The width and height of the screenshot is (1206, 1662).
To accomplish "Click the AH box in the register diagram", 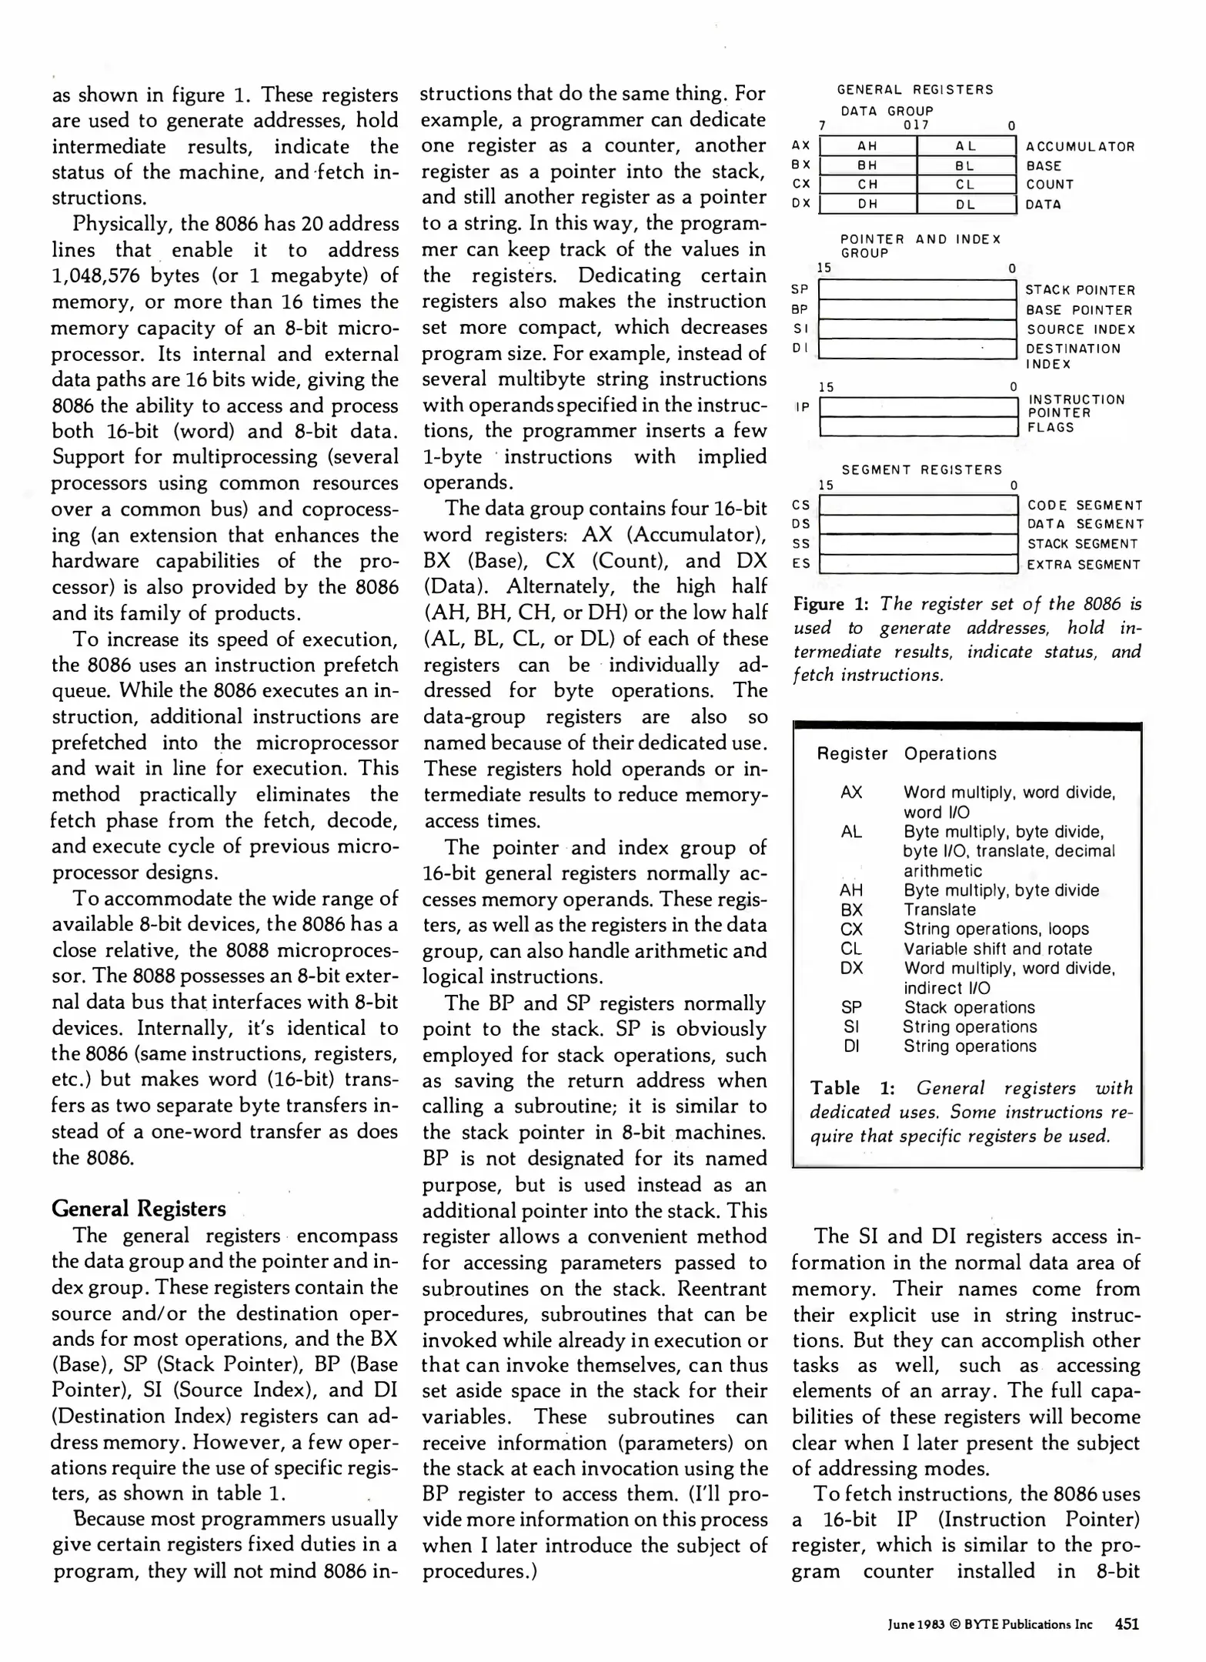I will point(867,146).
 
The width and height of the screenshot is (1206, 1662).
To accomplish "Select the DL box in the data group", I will point(966,204).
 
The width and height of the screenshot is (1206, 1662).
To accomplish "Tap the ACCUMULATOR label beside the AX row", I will point(1080,147).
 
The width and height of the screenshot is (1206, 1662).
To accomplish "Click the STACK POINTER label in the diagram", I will point(1080,290).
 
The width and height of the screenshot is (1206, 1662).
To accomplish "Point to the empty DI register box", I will point(917,349).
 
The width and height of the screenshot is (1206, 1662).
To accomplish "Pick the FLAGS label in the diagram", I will point(1051,428).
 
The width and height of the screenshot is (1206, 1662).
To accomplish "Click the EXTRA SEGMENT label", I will point(1083,565).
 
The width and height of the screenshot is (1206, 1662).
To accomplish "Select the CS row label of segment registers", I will point(801,506).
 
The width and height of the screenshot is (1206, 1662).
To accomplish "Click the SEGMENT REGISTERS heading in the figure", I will point(921,469).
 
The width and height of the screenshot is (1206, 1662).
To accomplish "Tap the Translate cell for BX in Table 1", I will point(939,909).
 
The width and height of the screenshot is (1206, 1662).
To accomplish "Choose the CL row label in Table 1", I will point(851,949).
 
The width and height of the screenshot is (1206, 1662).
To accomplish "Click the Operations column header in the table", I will point(950,754).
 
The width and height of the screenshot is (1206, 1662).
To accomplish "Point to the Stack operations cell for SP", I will point(969,1007).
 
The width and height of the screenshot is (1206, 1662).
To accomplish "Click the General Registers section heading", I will point(139,1209).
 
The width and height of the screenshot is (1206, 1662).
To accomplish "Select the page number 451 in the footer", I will point(1127,1624).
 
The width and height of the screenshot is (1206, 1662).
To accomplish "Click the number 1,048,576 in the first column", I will point(97,275).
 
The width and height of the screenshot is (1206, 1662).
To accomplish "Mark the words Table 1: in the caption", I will point(852,1088).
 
